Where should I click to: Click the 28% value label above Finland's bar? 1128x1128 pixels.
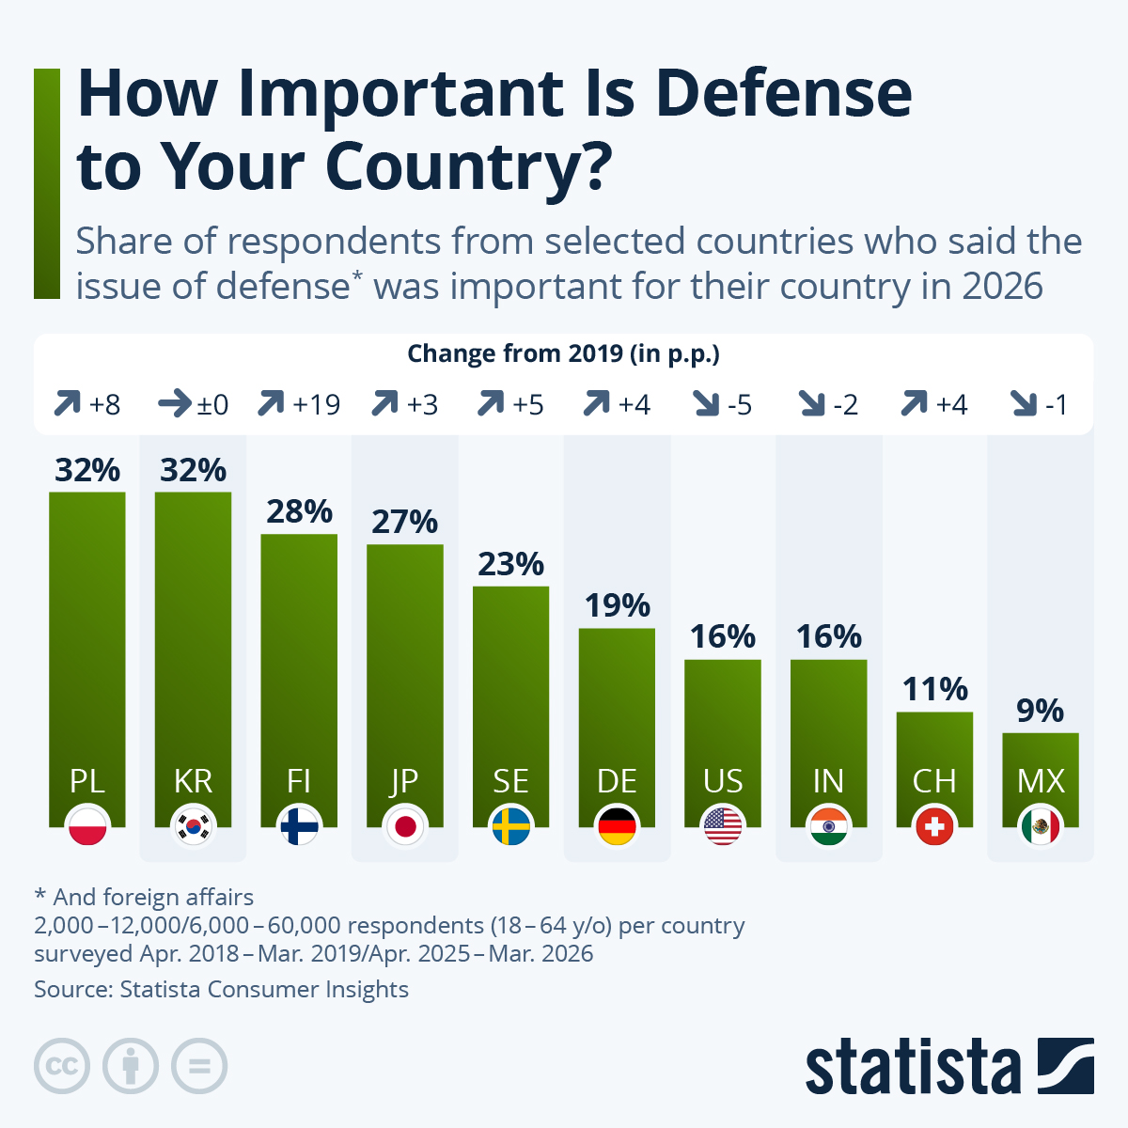point(299,511)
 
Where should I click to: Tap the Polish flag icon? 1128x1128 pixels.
point(87,826)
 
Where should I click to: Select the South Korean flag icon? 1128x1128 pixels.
point(194,826)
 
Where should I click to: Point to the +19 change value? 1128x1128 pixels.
point(316,404)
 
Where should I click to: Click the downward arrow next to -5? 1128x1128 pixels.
point(707,404)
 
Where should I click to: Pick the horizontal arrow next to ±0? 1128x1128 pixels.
point(175,404)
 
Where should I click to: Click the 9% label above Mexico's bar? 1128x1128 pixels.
point(1041,711)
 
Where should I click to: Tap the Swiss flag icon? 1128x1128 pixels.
point(934,826)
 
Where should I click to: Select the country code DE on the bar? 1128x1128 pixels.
point(617,781)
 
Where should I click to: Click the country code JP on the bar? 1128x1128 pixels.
point(404,782)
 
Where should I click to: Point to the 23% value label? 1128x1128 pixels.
point(511,564)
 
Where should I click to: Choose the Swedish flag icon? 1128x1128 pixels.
point(511,826)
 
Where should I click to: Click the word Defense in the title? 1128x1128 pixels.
point(784,94)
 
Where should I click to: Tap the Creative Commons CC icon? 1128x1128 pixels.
point(62,1066)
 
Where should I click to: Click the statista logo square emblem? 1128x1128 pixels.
point(1065,1065)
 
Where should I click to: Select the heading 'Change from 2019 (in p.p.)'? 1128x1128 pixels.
point(563,354)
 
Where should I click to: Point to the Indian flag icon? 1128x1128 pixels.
point(828,826)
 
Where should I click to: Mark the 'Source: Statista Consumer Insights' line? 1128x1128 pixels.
point(221,989)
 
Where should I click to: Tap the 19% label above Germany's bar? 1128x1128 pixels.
point(617,606)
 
